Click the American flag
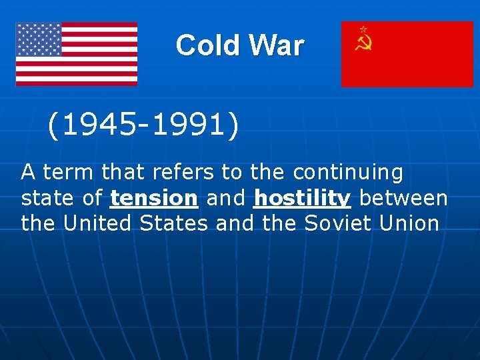tap(77, 54)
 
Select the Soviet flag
tap(407, 54)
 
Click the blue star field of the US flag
tap(39, 39)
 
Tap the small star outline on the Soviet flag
tap(363, 29)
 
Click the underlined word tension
tap(154, 198)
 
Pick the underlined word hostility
tap(302, 198)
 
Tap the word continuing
tap(348, 173)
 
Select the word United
tap(98, 223)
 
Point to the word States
tap(174, 223)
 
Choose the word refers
tap(184, 173)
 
